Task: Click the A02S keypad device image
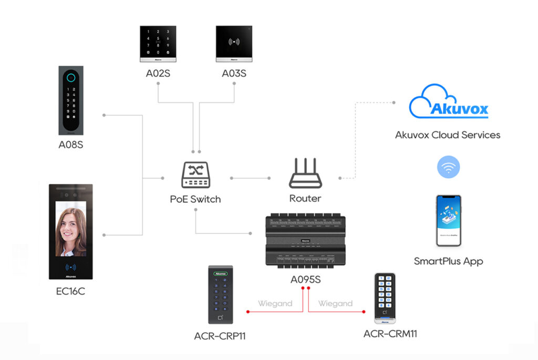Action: (158, 44)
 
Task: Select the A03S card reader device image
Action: (234, 44)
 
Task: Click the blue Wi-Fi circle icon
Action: (448, 168)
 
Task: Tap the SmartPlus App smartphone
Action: (448, 221)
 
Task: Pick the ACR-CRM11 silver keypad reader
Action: (385, 297)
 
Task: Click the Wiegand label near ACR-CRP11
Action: (275, 304)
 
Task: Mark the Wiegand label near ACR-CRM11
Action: (335, 304)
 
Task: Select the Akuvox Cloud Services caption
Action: (448, 135)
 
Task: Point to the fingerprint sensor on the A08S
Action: (71, 76)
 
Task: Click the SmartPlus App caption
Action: (448, 261)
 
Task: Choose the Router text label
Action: (305, 199)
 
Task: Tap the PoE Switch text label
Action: (195, 200)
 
